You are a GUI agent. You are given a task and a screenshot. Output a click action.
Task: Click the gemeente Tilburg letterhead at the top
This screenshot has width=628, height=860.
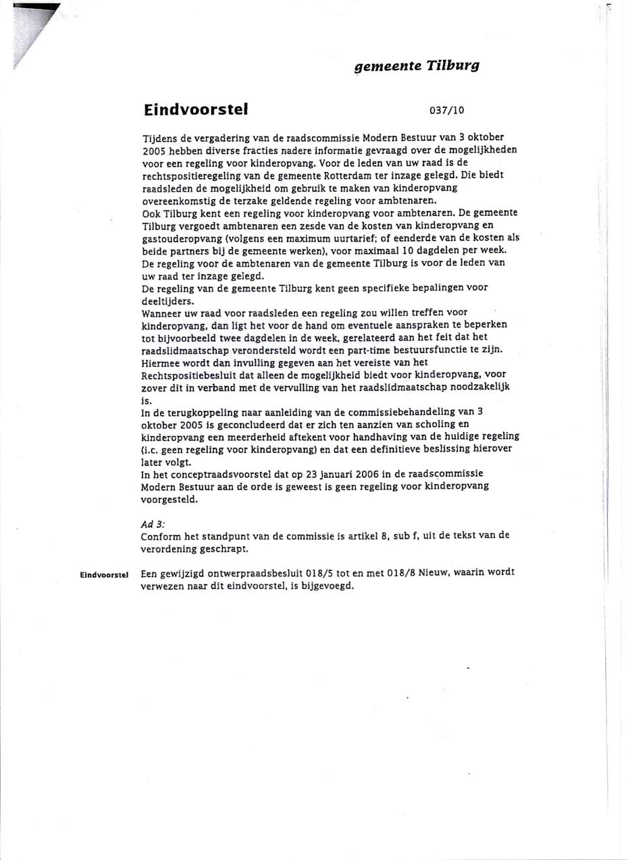pos(417,65)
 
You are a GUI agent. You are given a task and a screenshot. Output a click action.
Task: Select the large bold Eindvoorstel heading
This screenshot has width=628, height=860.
pos(196,109)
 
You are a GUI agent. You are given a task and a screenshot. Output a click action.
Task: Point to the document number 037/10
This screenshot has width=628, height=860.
pos(446,110)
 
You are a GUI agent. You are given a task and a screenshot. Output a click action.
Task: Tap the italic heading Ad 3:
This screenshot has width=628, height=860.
pos(153,524)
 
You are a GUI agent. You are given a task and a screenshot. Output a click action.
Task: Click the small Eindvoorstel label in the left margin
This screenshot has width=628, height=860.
pos(104,574)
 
